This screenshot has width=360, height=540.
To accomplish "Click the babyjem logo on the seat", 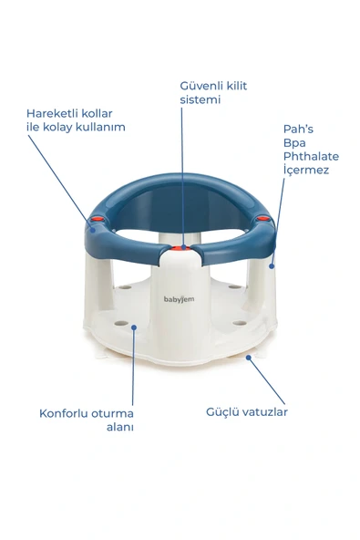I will [180, 298].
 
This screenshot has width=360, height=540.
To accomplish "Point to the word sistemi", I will [200, 99].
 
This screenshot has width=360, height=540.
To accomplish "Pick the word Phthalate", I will [310, 156].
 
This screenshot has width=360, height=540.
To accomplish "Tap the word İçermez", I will [304, 170].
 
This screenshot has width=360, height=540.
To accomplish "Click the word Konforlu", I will [65, 412].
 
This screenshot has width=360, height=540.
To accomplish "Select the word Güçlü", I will [221, 411].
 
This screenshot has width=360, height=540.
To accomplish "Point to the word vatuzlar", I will [266, 411].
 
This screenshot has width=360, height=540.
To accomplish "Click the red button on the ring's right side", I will [262, 219].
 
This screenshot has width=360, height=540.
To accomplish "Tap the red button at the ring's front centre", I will [182, 246].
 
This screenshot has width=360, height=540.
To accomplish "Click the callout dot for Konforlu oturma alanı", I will [134, 326].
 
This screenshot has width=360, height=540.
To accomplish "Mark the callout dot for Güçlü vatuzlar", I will [248, 358].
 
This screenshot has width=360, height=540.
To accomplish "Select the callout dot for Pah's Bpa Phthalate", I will [272, 265].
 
